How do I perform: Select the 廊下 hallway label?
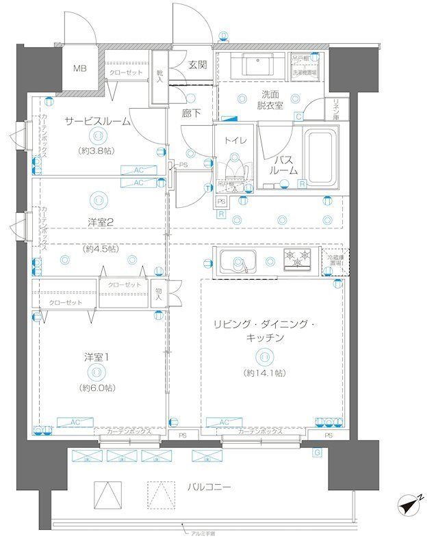[191, 114]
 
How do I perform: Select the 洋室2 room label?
[100, 220]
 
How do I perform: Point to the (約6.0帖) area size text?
[97, 388]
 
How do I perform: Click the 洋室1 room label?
[96, 356]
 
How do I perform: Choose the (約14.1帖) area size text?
[264, 373]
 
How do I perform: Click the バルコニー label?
[208, 487]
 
